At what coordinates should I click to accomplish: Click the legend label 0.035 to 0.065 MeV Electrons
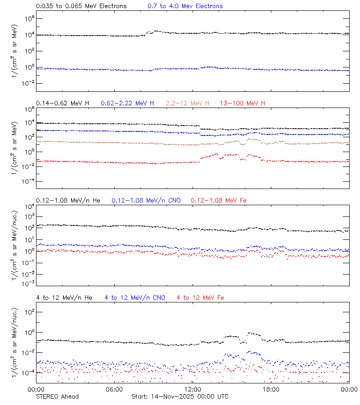81,6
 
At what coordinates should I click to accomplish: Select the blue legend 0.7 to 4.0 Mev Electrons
185,6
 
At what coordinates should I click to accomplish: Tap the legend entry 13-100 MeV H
243,103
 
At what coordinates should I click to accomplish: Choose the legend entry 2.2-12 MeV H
188,103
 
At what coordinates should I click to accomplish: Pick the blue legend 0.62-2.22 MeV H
127,103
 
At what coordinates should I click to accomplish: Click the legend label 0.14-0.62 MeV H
63,103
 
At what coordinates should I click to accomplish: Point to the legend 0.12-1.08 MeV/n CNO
146,200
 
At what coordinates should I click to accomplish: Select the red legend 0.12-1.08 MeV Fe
219,200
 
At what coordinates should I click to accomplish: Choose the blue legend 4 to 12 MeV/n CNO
135,297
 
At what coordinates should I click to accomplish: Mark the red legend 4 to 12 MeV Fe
200,297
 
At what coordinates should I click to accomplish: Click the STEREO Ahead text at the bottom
57,396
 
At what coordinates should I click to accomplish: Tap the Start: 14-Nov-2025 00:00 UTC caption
180,396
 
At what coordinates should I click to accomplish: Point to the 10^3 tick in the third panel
28,216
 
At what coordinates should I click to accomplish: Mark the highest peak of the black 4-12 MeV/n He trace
250,333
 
